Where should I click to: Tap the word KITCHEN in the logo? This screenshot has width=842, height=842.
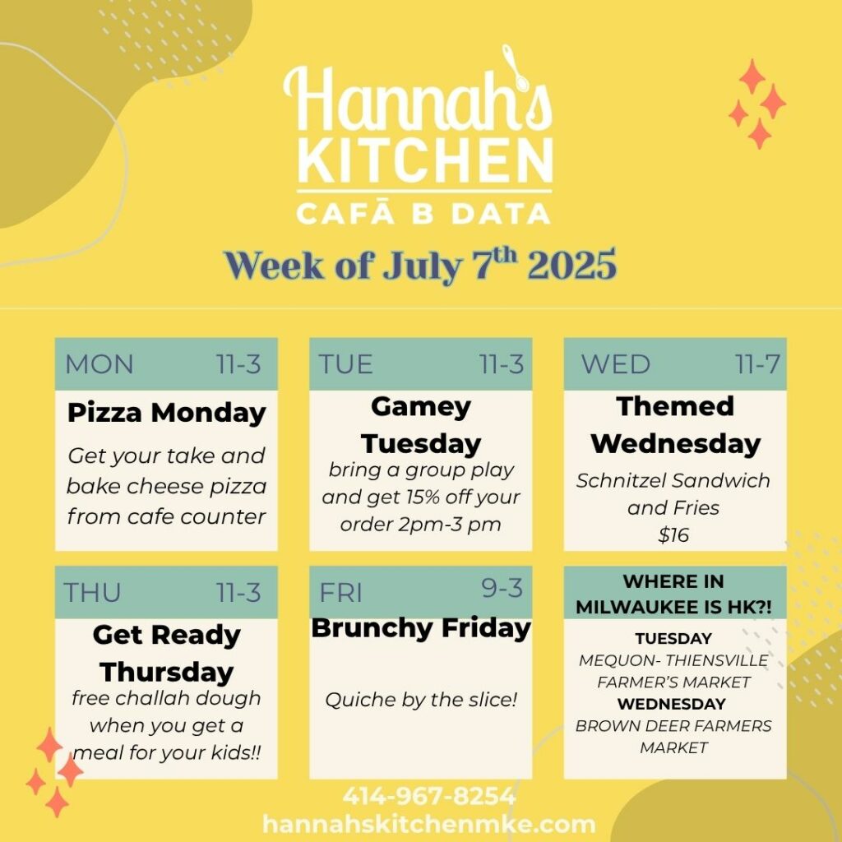(x=425, y=161)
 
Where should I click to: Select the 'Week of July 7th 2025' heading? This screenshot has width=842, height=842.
(x=420, y=265)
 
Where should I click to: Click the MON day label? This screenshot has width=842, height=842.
(x=99, y=364)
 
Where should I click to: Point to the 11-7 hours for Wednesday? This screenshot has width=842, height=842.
(x=757, y=364)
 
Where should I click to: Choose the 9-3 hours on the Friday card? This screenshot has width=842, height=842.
(x=502, y=588)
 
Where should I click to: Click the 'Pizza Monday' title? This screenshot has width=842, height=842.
(x=166, y=413)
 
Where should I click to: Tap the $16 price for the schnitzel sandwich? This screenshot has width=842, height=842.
(x=673, y=534)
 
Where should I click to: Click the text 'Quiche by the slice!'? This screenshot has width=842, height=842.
(x=421, y=699)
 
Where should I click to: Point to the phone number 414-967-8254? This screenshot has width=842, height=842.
(x=429, y=796)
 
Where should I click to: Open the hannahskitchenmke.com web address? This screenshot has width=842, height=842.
(x=429, y=824)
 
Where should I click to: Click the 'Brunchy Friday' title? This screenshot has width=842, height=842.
(x=421, y=628)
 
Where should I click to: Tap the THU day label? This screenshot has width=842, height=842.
(x=92, y=592)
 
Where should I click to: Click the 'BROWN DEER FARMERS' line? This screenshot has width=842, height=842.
(x=673, y=725)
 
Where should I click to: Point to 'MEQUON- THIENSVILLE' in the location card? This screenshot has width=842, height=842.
(x=673, y=660)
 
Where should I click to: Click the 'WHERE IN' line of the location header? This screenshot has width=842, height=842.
(x=673, y=581)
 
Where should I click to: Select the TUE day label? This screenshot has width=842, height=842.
(x=345, y=364)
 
